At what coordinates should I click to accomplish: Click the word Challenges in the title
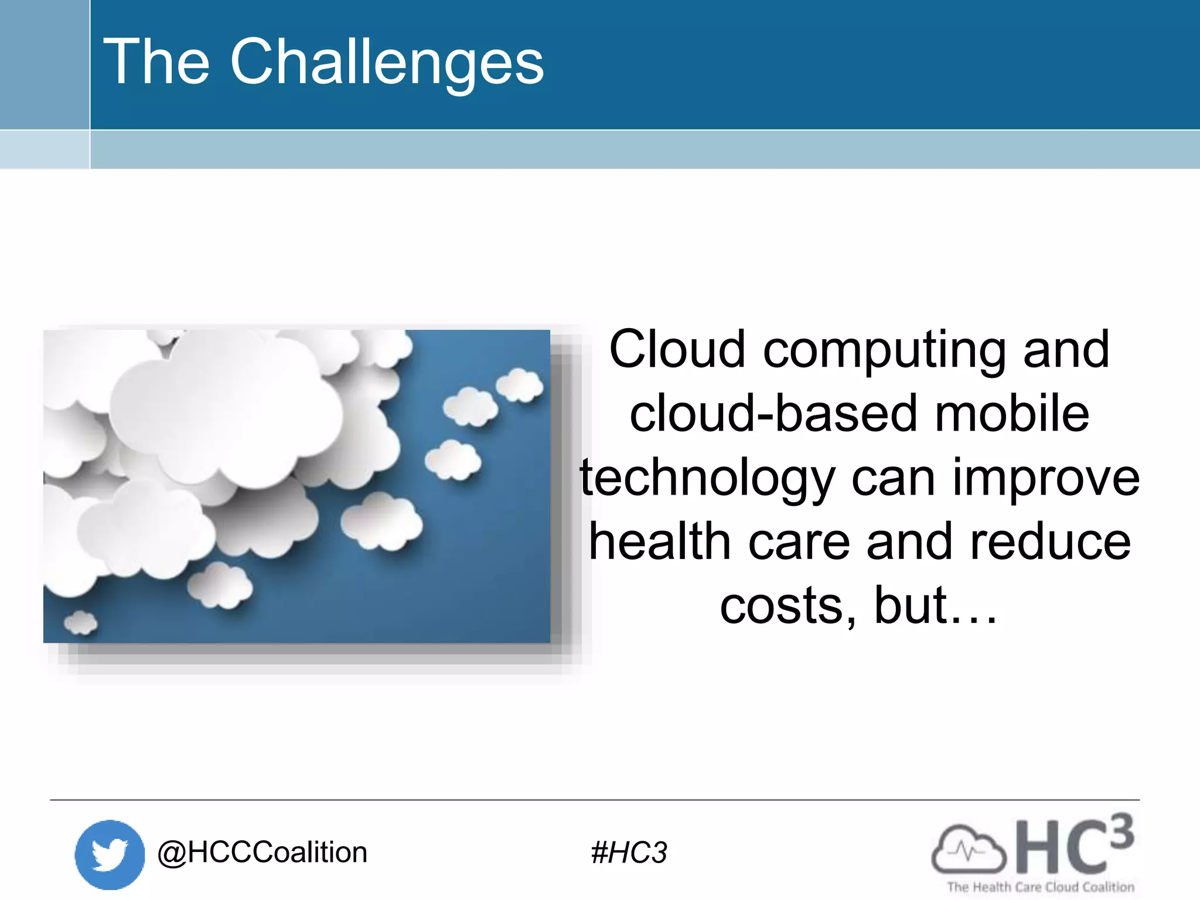tap(387, 62)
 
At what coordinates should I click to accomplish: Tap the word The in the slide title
tap(156, 62)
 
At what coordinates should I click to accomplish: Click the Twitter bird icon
tap(110, 854)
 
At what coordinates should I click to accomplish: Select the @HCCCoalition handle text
tap(262, 852)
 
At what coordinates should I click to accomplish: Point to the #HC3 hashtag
tap(629, 853)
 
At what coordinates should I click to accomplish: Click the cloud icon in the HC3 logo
tap(968, 850)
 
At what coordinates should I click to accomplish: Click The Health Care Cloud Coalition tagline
tap(1041, 887)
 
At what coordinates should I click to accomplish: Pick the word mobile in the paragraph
tap(1012, 414)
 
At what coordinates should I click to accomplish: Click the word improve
tap(1046, 478)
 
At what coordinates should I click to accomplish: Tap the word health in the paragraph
tap(660, 542)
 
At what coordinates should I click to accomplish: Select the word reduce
tap(1050, 542)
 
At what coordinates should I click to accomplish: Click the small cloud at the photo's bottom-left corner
tap(80, 622)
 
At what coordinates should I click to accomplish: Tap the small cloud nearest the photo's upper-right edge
tap(519, 385)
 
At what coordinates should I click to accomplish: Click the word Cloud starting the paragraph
tap(677, 350)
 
